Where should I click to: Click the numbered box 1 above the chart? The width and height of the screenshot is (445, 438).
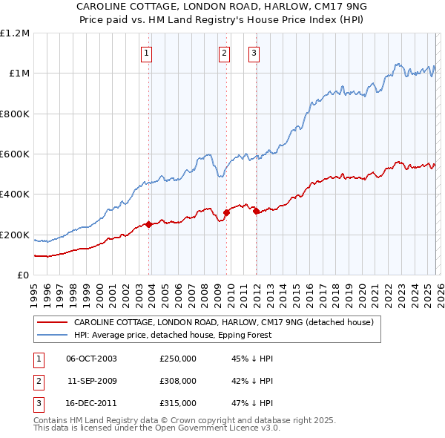pyautogui.click(x=146, y=53)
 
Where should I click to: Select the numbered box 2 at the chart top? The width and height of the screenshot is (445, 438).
pyautogui.click(x=224, y=53)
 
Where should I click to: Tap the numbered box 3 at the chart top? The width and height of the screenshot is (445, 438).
pyautogui.click(x=254, y=53)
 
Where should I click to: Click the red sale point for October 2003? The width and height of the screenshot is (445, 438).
pyautogui.click(x=149, y=224)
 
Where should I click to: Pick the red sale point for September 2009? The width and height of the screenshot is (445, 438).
pyautogui.click(x=226, y=212)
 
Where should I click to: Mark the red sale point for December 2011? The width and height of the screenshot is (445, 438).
pyautogui.click(x=256, y=212)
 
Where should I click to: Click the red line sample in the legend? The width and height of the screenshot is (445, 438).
pyautogui.click(x=53, y=322)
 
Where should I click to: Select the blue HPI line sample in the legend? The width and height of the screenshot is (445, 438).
pyautogui.click(x=53, y=335)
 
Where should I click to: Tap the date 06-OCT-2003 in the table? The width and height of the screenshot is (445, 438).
pyautogui.click(x=91, y=359)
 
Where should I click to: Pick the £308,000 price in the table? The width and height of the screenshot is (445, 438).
pyautogui.click(x=177, y=381)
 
